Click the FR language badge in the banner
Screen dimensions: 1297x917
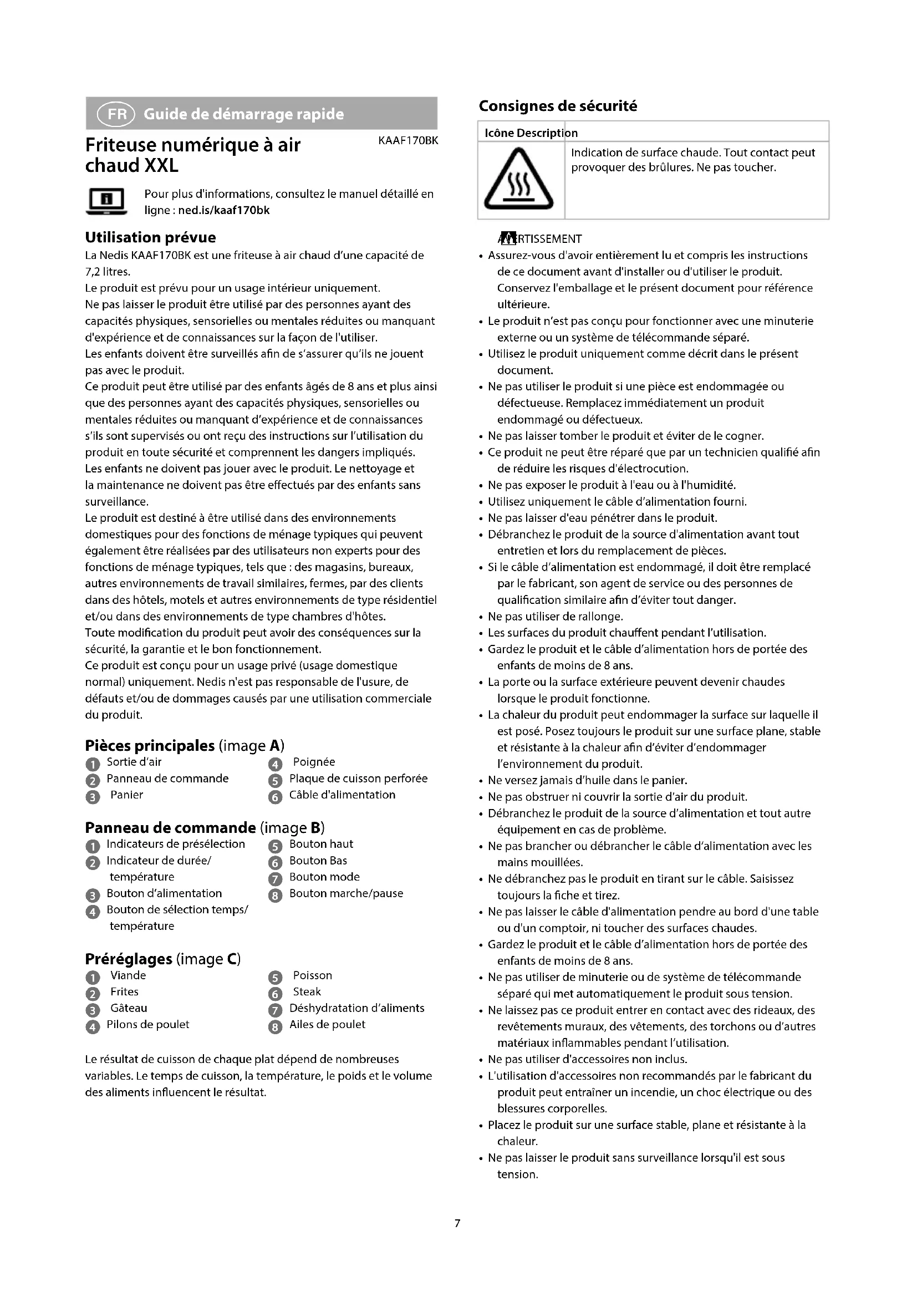point(116,114)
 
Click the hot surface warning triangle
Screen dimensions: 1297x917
point(518,180)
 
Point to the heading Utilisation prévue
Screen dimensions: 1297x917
point(150,237)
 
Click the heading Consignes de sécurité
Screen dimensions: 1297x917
point(557,106)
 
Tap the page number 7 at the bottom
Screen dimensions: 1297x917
point(457,1223)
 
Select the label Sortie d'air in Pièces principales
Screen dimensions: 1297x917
point(134,762)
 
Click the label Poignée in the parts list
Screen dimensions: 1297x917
point(314,762)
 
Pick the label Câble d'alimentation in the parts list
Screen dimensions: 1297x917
point(342,795)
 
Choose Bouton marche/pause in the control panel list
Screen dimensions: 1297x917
point(346,893)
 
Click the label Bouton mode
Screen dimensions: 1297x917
point(324,877)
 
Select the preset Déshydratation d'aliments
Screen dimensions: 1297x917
point(356,1008)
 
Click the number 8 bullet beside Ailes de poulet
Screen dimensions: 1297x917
point(275,1025)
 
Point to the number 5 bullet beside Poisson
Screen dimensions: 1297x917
point(275,976)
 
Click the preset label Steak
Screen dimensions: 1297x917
point(307,991)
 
